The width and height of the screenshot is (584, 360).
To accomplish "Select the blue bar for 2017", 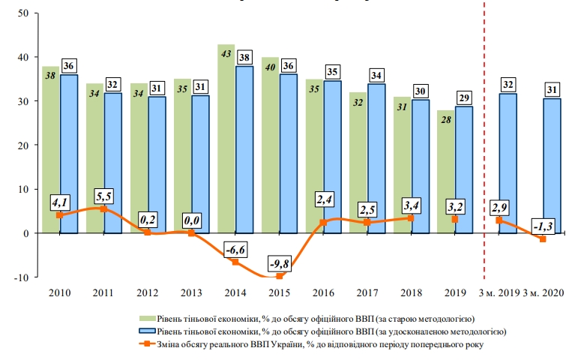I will coord(376,157).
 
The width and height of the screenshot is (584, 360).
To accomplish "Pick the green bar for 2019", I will coord(445,180).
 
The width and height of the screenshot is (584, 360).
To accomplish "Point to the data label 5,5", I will coord(103,196).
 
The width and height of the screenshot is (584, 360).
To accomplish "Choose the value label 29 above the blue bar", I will coord(465,97).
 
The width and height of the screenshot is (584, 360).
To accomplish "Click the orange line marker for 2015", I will coord(279,276).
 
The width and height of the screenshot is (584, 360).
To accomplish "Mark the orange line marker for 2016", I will coord(323,223).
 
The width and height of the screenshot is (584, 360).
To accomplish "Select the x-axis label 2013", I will coord(192,292).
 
